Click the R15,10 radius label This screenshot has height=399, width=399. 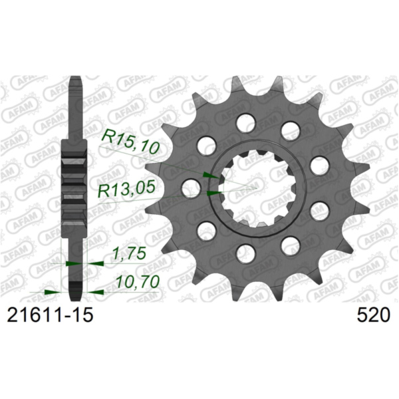130,142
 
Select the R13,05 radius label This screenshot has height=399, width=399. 126,191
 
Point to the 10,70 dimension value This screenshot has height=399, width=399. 136,283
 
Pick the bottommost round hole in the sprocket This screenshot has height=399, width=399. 247,253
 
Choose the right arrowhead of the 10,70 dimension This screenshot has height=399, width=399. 95,291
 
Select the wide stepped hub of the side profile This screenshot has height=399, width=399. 74,193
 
